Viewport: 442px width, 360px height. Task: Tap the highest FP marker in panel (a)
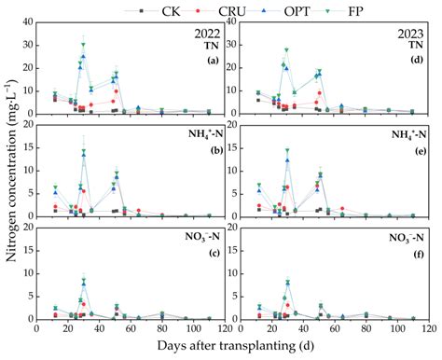click(x=83, y=45)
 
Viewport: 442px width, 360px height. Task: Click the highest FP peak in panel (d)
click(x=286, y=50)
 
